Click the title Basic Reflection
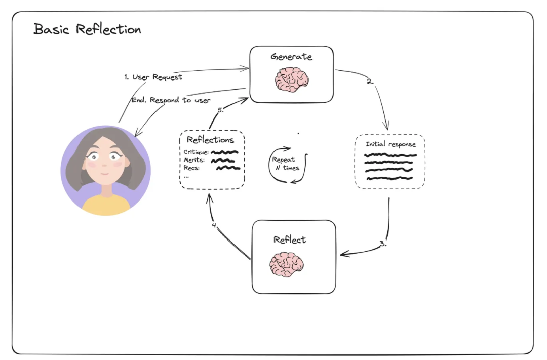(87, 29)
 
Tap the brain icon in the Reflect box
(287, 264)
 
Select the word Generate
(291, 56)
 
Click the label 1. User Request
(153, 77)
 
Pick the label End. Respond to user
(171, 100)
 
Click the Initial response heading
(390, 144)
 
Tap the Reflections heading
(210, 140)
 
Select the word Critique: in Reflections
(196, 152)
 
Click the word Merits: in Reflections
(194, 160)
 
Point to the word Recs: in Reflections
(191, 168)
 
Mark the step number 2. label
(370, 81)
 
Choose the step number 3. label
(383, 244)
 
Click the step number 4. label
(215, 225)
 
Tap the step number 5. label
(220, 110)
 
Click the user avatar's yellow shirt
(106, 205)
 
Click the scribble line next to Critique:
(225, 152)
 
